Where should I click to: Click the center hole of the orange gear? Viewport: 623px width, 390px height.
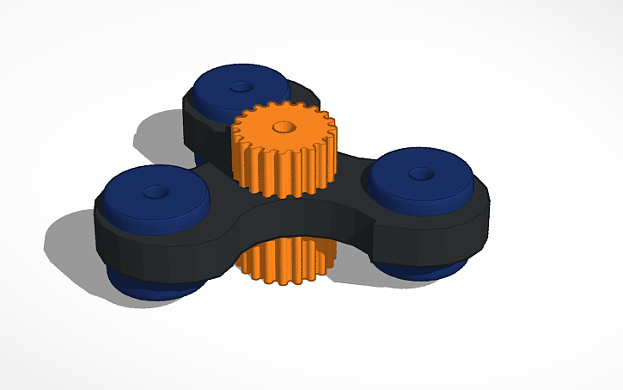tap(280, 127)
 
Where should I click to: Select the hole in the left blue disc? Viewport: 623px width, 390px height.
tap(156, 190)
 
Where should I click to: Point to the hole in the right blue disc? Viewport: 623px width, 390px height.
tap(418, 174)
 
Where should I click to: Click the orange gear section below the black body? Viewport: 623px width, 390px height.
tap(283, 259)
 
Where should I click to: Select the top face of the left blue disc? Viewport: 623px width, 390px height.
tap(129, 189)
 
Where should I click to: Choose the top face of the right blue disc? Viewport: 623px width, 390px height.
tap(443, 176)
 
